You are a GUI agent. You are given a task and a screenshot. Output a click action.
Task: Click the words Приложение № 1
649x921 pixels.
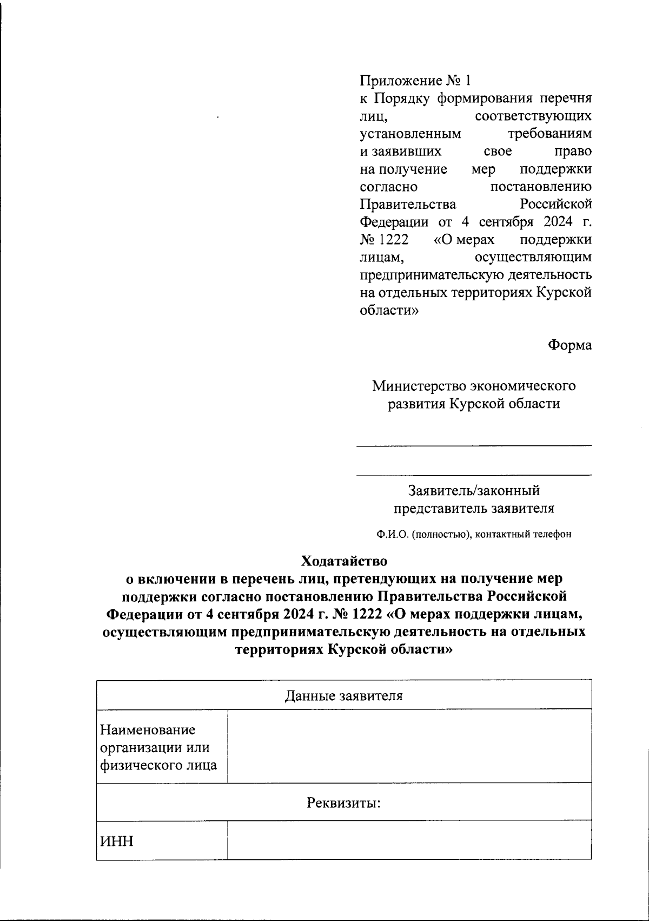click(x=415, y=81)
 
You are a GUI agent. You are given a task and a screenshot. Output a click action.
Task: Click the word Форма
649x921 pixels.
click(x=570, y=345)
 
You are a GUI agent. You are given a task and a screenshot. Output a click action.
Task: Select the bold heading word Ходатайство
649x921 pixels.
click(x=345, y=560)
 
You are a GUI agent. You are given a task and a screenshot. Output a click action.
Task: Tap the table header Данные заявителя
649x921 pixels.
click(x=344, y=695)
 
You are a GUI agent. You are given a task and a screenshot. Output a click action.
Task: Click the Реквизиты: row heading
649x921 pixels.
click(x=344, y=802)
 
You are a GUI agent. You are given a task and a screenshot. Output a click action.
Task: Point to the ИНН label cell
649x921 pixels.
click(x=116, y=841)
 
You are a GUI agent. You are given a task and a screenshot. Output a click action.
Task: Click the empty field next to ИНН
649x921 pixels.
click(x=409, y=840)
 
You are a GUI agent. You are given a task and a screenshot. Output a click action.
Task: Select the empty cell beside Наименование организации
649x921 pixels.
click(x=409, y=746)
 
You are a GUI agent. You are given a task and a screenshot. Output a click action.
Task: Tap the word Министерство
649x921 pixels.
click(x=419, y=386)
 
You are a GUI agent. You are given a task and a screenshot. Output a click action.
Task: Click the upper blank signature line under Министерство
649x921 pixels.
click(x=474, y=446)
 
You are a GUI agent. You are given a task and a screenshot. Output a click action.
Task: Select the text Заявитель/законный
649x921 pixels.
click(x=474, y=491)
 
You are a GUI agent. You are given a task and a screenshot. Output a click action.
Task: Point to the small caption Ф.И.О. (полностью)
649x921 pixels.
click(x=422, y=535)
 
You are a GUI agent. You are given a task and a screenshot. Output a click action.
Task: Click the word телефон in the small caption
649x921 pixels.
click(x=553, y=535)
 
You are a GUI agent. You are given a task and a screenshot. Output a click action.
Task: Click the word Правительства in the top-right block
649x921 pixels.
click(x=408, y=205)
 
